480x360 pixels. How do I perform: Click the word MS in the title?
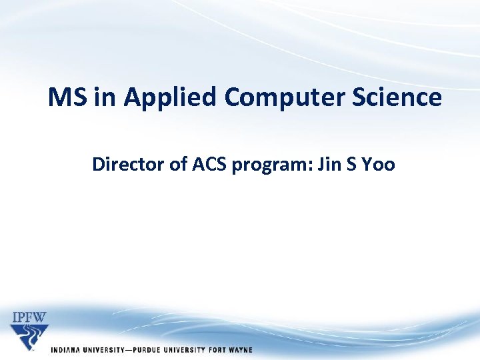tap(68, 98)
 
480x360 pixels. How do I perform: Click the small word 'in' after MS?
tap(105, 98)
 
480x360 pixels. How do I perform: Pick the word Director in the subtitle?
tap(129, 164)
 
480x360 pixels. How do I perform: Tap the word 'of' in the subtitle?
tap(179, 164)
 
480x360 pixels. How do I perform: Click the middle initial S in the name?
tap(351, 164)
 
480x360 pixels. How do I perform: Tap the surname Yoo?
tap(379, 164)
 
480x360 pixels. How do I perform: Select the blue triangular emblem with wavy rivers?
tap(29, 337)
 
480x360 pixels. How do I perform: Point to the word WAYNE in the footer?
tap(239, 351)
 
